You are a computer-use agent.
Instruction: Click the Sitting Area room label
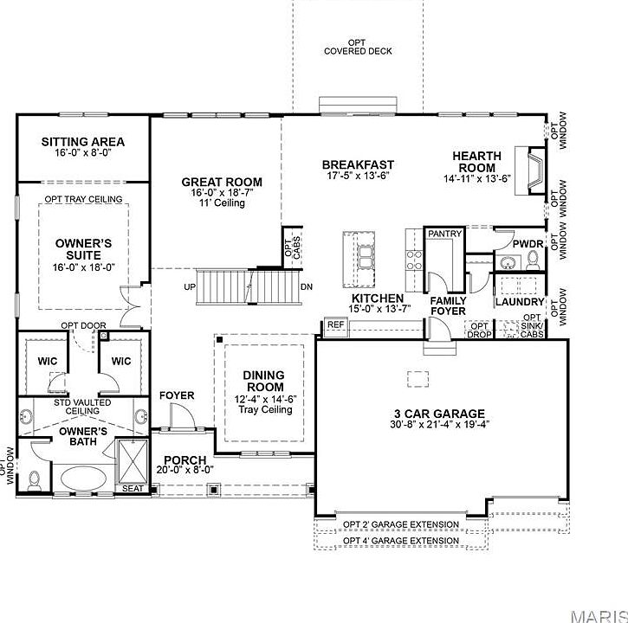(x=83, y=142)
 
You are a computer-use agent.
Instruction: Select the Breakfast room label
(x=358, y=164)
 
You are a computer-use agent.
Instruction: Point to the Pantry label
(x=444, y=234)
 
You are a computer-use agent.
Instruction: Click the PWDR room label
(x=527, y=245)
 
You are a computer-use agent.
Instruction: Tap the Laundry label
(x=520, y=302)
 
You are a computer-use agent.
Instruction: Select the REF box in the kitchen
(x=336, y=325)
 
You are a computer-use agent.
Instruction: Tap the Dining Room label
(x=265, y=381)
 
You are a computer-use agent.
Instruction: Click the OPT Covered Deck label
(x=358, y=47)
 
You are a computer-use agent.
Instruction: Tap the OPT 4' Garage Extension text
(x=400, y=541)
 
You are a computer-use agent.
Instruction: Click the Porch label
(x=185, y=460)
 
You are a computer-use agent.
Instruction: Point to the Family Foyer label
(x=448, y=305)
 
